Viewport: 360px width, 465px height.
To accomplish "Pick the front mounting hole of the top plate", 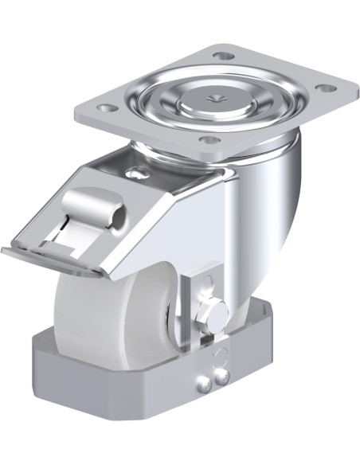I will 209,142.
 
